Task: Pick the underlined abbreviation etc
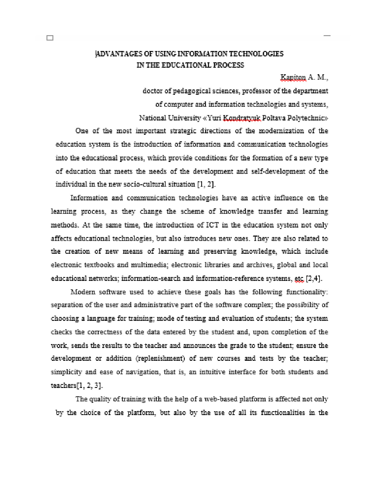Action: point(298,279)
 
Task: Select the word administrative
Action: point(157,305)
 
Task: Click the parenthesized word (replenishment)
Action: point(161,358)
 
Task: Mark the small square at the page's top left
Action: point(50,38)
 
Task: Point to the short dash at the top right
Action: point(327,36)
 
